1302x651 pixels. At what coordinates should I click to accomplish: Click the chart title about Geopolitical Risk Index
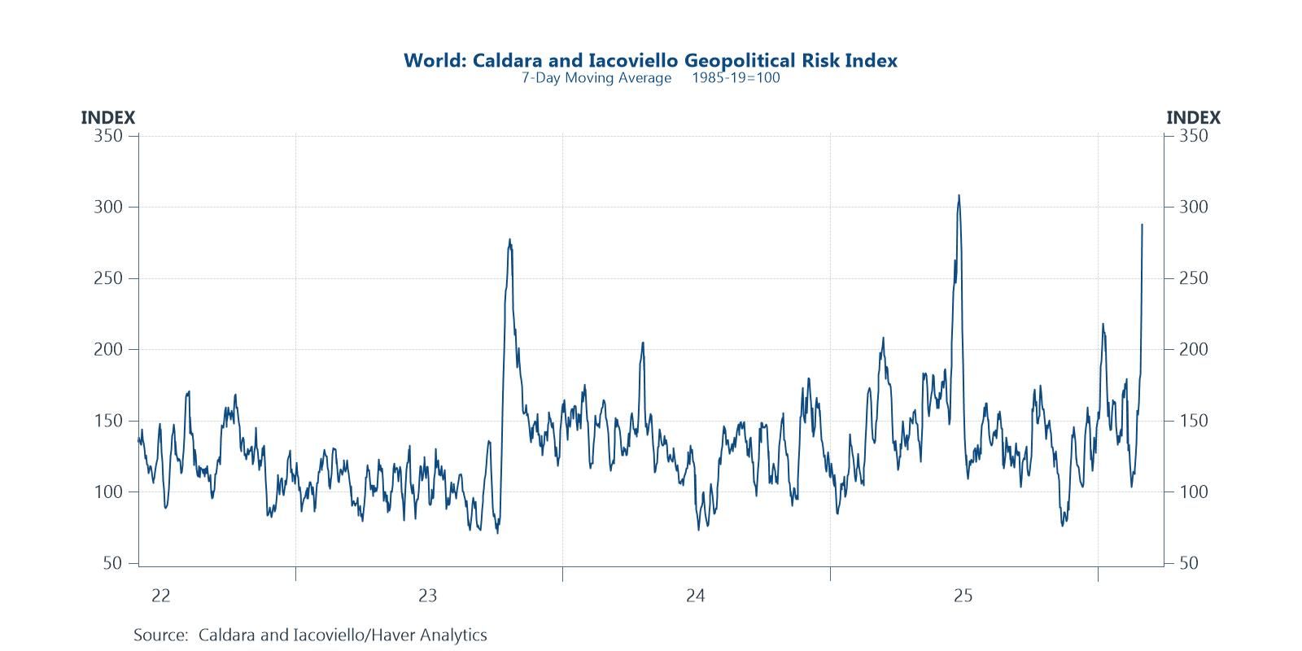(650, 60)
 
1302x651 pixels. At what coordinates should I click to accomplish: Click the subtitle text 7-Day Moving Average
(596, 78)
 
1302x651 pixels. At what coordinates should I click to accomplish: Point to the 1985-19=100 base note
(736, 78)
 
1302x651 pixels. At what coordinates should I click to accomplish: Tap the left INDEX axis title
(107, 118)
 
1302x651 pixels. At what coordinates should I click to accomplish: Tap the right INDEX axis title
(1193, 118)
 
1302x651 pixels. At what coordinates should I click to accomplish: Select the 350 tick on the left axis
(108, 136)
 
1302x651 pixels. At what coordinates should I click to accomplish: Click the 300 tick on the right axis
(1194, 207)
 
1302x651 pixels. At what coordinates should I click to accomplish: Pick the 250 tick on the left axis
(108, 278)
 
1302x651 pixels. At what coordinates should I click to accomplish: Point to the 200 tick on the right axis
(1194, 349)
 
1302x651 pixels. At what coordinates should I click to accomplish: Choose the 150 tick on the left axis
(108, 421)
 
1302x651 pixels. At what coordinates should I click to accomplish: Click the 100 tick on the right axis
(1194, 492)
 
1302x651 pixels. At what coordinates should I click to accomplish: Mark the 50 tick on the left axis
(113, 563)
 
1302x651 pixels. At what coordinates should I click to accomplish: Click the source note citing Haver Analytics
(310, 635)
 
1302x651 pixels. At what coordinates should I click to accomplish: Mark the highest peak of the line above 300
(959, 195)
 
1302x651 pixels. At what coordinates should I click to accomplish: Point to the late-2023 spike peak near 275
(509, 239)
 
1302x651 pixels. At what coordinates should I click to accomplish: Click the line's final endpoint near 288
(1142, 225)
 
